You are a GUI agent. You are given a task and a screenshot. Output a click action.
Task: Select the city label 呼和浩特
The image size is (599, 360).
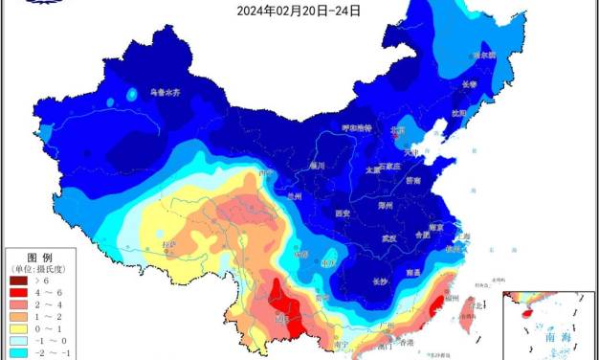(x=359, y=127)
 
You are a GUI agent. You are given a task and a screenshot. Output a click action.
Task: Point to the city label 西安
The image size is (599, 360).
(x=344, y=214)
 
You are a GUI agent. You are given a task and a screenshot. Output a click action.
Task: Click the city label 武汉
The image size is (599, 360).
(x=388, y=237)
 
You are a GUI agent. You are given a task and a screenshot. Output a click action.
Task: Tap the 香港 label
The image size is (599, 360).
(x=407, y=343)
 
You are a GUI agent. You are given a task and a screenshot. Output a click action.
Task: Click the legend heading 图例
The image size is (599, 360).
(x=38, y=258)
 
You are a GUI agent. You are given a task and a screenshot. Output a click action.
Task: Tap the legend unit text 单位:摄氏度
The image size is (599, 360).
(x=38, y=270)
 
